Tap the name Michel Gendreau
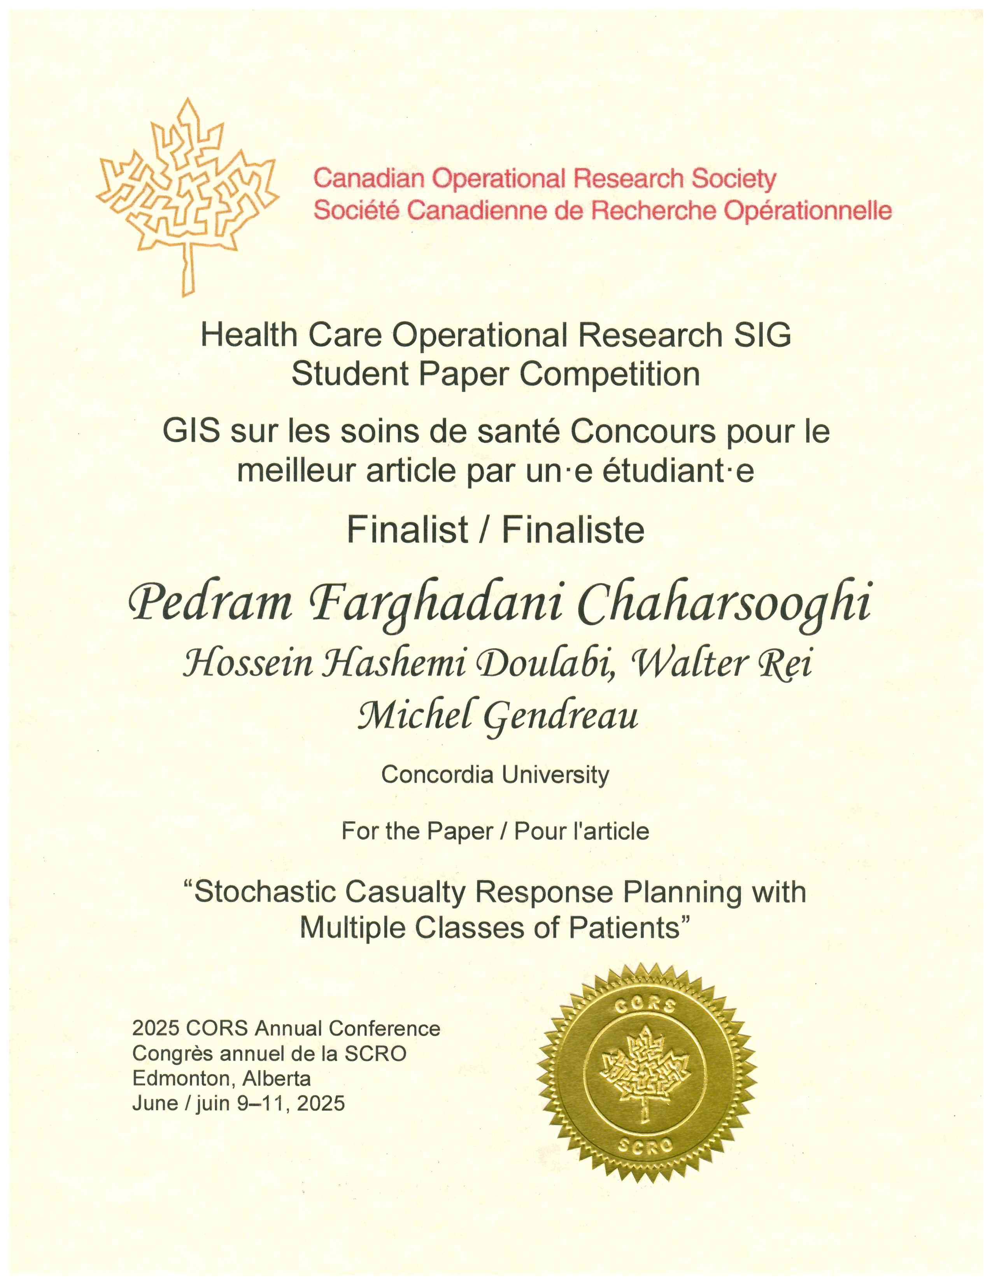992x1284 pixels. (498, 717)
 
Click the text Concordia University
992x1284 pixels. (495, 774)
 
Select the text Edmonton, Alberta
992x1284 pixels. (222, 1078)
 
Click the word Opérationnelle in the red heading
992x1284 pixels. (808, 210)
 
